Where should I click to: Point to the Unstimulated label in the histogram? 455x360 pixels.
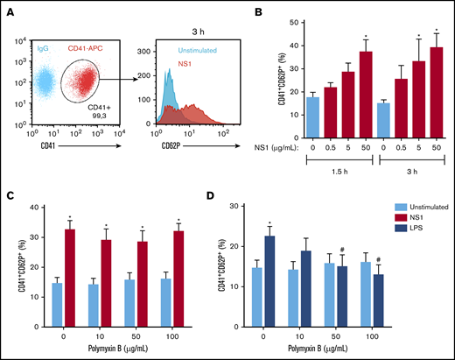[x=197, y=51]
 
